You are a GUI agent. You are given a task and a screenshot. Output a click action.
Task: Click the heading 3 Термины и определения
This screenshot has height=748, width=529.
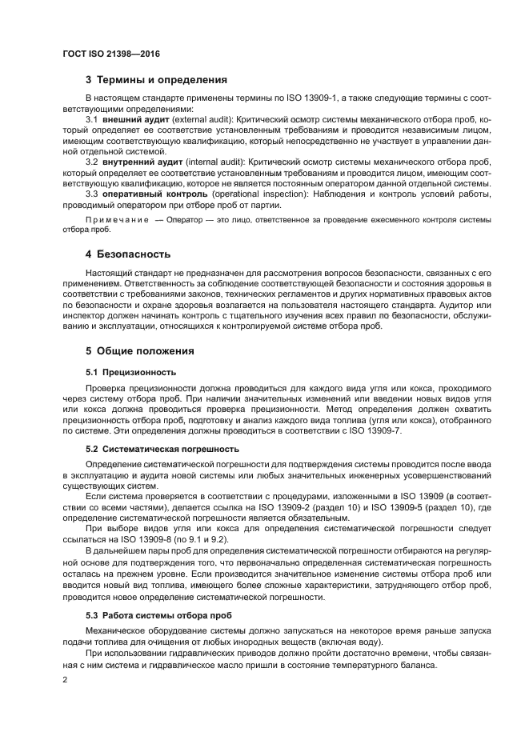(156, 80)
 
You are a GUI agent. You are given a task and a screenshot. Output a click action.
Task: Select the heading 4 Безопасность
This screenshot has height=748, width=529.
(128, 254)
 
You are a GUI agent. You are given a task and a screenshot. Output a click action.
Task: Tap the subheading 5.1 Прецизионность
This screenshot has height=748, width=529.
(130, 372)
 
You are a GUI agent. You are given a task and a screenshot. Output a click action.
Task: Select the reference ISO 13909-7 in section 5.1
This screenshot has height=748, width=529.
(375, 431)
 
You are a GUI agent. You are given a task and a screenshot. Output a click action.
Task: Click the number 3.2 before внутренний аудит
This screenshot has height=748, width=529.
(90, 162)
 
